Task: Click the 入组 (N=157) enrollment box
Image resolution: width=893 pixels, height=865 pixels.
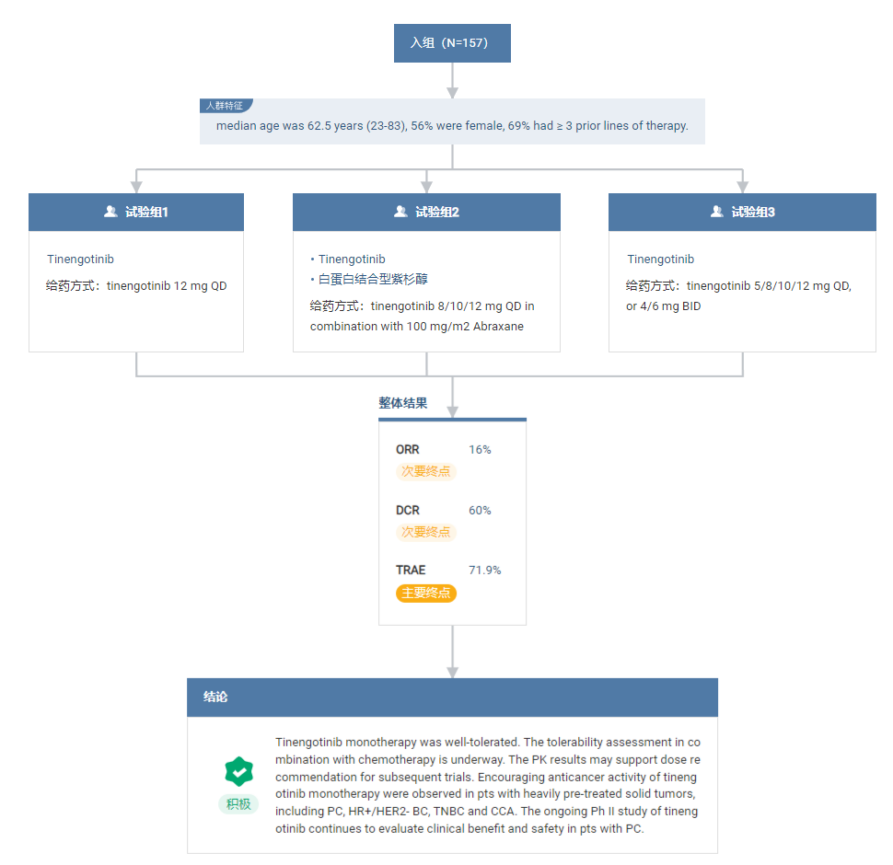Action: tap(452, 43)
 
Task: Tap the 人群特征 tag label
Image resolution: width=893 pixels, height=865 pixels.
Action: tap(225, 106)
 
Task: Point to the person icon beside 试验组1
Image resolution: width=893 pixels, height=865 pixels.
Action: tap(110, 212)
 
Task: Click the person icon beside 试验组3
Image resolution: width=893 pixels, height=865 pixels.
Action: tap(717, 212)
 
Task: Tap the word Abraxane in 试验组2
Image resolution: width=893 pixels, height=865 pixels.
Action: tap(498, 327)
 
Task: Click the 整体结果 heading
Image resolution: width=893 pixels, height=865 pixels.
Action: tap(402, 403)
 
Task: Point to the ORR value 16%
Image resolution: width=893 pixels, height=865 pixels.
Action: tap(480, 450)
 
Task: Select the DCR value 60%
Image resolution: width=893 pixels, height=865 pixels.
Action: tap(480, 511)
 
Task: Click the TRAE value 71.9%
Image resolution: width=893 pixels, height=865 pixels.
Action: tap(484, 571)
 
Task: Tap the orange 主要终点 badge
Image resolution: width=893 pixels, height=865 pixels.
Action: tap(426, 593)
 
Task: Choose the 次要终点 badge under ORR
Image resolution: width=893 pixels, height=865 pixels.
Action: tap(426, 471)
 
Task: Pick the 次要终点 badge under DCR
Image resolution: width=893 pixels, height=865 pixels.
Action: tap(426, 532)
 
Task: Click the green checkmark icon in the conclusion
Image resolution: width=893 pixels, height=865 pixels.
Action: tap(239, 772)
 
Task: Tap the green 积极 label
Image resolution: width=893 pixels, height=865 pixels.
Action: tap(238, 804)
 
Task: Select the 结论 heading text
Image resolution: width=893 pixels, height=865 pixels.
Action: tap(215, 698)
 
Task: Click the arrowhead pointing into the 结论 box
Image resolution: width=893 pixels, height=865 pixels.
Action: tap(453, 673)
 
